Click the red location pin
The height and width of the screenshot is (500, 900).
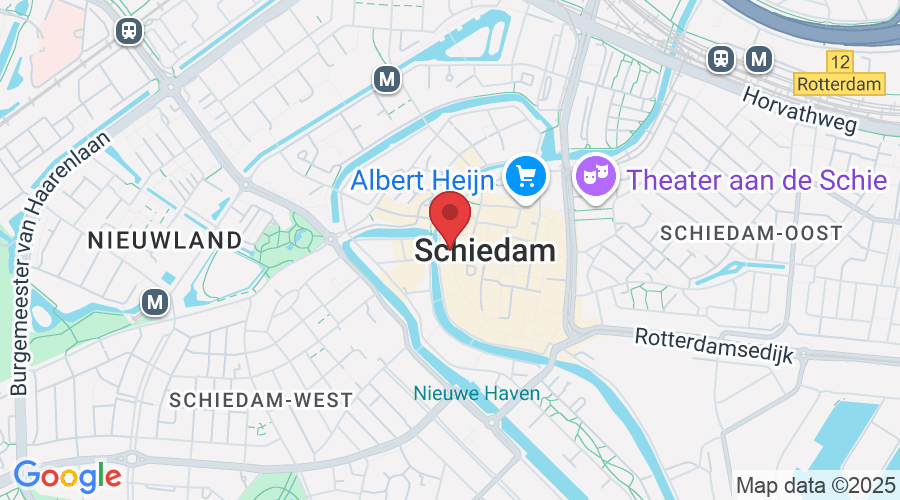coord(450,216)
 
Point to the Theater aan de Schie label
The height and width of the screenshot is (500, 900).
coord(757,180)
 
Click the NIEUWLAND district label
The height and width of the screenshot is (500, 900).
coord(165,240)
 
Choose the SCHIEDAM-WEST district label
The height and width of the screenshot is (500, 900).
coord(261,400)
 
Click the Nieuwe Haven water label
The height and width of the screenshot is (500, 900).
coord(477,394)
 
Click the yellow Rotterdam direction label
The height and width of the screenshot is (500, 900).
coord(840,84)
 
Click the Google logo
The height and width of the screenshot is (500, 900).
coord(67,475)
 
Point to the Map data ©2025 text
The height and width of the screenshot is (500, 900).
coord(815,485)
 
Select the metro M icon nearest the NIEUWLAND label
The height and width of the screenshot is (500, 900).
coord(153,301)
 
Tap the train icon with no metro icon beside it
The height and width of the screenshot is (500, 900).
coord(128,31)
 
